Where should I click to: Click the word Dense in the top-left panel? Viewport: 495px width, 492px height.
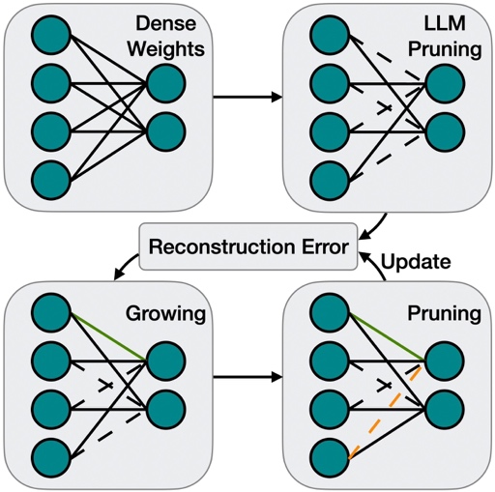point(165,23)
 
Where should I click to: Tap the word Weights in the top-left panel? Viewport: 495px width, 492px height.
point(166,49)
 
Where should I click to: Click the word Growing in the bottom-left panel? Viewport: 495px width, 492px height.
point(165,314)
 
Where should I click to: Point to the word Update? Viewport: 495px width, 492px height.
point(416,262)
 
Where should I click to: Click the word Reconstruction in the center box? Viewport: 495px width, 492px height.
point(221,247)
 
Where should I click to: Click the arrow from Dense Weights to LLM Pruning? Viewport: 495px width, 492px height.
point(247,97)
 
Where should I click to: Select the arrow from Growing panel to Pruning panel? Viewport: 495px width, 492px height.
point(247,377)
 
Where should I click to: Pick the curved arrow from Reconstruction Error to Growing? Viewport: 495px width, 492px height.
point(126,266)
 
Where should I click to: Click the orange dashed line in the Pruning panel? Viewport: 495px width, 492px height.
point(385,412)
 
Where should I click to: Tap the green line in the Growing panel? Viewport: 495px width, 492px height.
point(108,336)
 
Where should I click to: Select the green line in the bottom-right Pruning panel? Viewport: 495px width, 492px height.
point(387,336)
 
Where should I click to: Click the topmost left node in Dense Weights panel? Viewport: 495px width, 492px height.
point(51,35)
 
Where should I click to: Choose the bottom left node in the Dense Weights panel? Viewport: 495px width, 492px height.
point(51,181)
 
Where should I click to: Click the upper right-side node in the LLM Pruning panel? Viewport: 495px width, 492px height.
point(445,83)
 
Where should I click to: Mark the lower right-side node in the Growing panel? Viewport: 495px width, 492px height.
point(166,410)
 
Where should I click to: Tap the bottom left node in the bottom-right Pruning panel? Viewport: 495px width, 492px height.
point(330,458)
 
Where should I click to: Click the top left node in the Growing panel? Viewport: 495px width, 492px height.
point(51,312)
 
